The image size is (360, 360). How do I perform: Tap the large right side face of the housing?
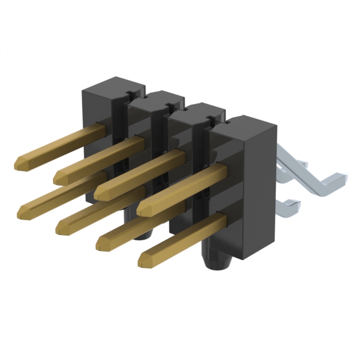(259, 191)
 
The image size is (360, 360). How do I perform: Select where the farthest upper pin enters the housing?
(103, 130)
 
